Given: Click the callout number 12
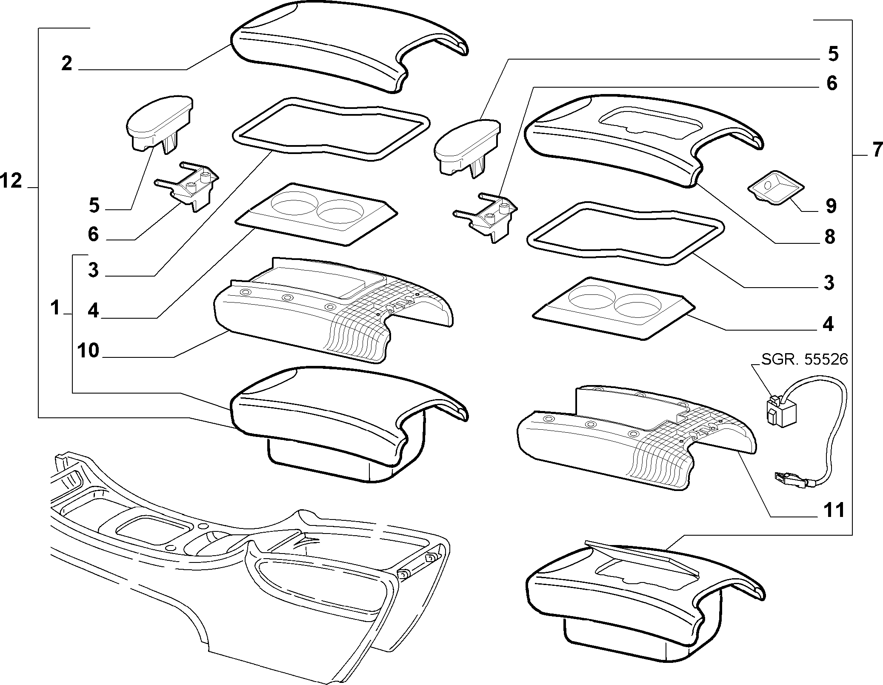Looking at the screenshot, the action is coord(11,182).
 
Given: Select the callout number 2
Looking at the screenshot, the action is coord(67,64).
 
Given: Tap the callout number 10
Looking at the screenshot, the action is coord(89,351).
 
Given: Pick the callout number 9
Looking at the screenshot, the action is coord(831,206).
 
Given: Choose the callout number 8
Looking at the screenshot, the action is coord(829,237).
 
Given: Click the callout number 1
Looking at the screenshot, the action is coord(55,308).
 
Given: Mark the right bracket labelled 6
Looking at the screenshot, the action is coord(486,217).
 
